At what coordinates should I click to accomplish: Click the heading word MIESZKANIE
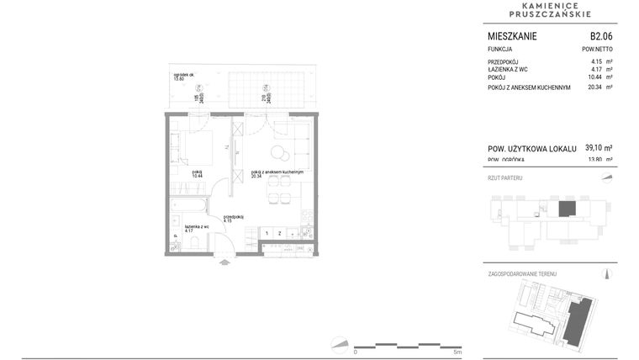click(512, 36)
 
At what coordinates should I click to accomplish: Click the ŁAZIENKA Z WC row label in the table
click(508, 70)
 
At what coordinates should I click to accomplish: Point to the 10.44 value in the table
click(596, 77)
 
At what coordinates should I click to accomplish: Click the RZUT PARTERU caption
click(506, 179)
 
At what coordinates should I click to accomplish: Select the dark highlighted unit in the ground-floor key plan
click(568, 208)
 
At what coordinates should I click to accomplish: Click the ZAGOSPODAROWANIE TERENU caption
click(522, 274)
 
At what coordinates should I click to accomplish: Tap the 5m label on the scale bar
click(457, 352)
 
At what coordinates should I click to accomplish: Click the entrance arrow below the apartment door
click(224, 262)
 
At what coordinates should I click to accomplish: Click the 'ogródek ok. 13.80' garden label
click(184, 77)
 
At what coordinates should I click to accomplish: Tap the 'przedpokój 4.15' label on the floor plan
click(233, 219)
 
